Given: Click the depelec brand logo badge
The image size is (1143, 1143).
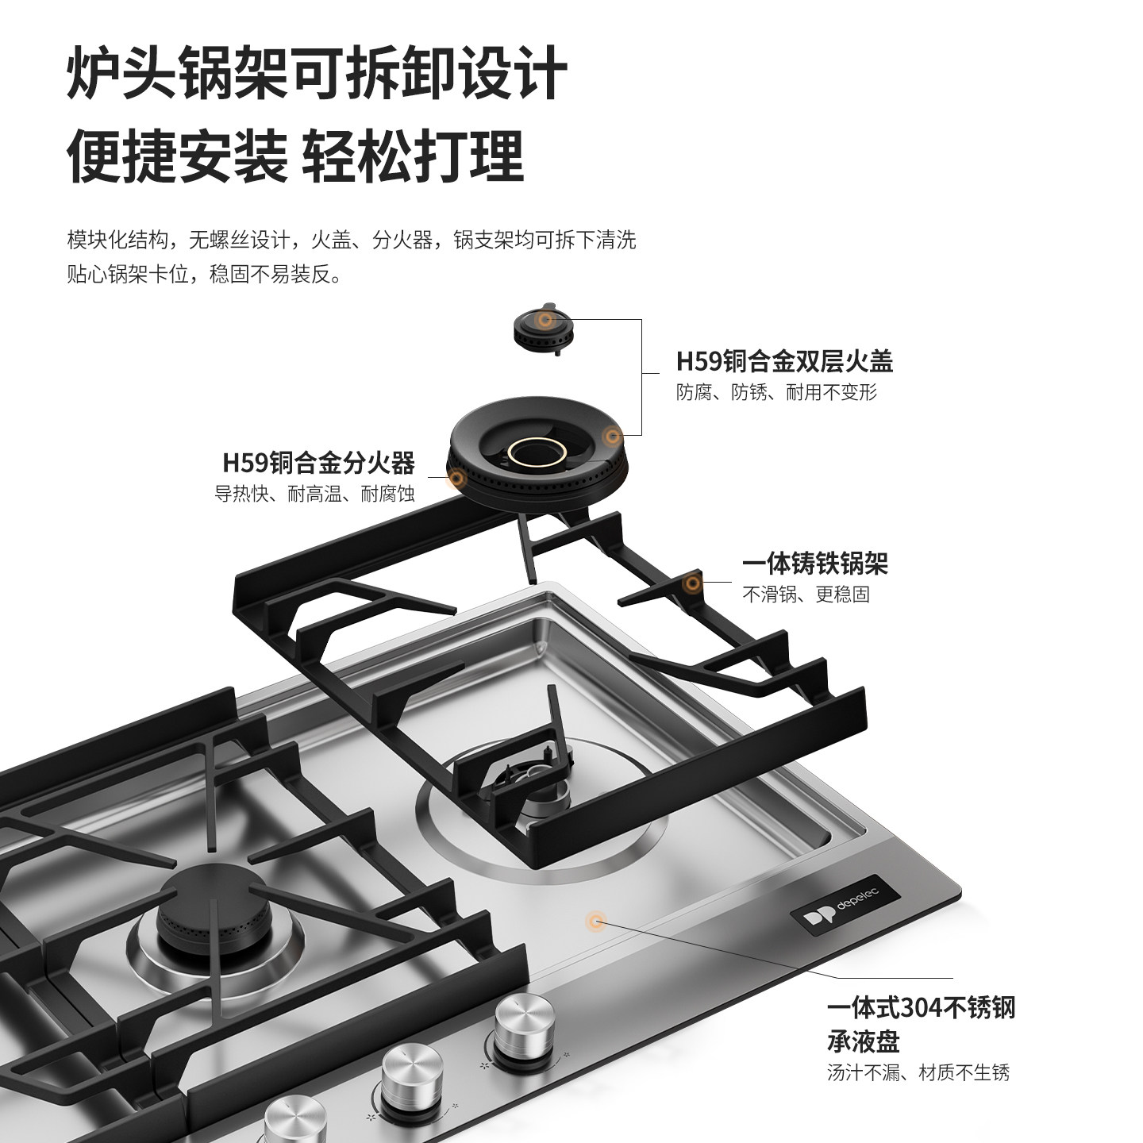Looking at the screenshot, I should [x=846, y=905].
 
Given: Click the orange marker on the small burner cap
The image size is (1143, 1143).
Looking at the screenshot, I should [x=545, y=319].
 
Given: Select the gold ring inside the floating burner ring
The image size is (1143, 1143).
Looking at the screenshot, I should [x=537, y=453].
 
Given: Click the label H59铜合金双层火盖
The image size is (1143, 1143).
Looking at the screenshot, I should [x=784, y=362].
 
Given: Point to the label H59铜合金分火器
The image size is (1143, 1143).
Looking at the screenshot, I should [x=318, y=462].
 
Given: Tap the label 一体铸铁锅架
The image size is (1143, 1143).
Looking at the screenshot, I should [x=814, y=564].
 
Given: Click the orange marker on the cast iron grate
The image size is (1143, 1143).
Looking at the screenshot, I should [x=693, y=584].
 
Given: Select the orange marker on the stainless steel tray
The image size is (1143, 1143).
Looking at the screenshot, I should [x=595, y=921].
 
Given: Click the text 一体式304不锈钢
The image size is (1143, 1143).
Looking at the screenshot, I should [x=921, y=1008].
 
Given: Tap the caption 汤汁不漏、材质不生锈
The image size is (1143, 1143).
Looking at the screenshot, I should [x=918, y=1073].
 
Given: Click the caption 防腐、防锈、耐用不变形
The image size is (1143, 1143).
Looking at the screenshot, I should [x=776, y=392].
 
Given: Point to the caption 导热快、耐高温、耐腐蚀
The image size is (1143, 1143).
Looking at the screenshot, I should [x=314, y=494].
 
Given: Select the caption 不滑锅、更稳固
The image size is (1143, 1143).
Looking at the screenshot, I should [x=806, y=594].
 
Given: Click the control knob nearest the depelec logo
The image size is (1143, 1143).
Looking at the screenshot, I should [x=519, y=1024].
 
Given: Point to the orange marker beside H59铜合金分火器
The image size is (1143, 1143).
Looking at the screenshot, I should [x=456, y=477].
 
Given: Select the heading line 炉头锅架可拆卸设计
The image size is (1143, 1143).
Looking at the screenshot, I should [x=317, y=73].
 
